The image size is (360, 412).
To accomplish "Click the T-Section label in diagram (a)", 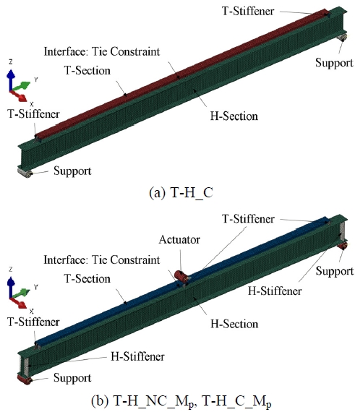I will tap(87, 71).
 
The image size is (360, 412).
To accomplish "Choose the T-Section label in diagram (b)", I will tap(87, 279).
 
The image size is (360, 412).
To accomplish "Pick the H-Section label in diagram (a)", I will tap(233, 115).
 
